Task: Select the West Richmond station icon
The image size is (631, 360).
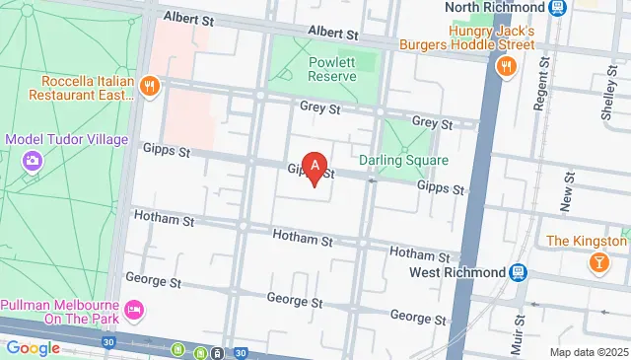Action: pos(519,271)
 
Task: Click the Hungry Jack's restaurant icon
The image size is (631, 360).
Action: pos(507,67)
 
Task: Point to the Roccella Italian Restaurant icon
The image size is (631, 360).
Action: pos(150,86)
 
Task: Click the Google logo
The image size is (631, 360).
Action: pos(34,348)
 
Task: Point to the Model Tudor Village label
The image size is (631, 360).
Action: pos(67,139)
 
